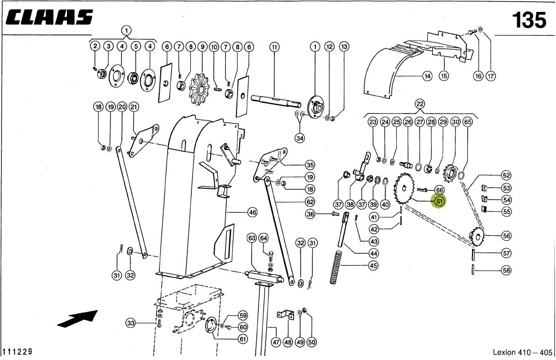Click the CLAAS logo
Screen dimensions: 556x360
tap(50, 17)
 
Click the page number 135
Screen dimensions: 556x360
tap(529, 20)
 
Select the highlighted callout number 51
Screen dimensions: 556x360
tap(439, 201)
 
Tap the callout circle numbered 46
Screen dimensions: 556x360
tap(252, 213)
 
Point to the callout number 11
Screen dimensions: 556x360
tap(274, 47)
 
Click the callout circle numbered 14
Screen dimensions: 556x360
tap(427, 76)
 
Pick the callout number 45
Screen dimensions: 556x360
tap(373, 265)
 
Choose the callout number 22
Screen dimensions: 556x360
tap(420, 104)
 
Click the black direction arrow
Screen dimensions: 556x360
tap(77, 318)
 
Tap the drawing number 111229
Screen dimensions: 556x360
tap(18, 352)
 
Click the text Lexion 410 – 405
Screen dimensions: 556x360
tap(522, 352)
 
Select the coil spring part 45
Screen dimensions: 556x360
tap(336, 268)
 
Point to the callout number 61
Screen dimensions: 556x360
tap(243, 339)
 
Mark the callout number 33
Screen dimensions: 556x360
tap(131, 323)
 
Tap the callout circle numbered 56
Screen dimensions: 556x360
tap(506, 236)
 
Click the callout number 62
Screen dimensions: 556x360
tap(310, 202)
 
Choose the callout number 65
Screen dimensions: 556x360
tap(468, 122)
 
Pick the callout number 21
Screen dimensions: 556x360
tap(134, 107)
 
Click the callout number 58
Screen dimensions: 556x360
tap(506, 270)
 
